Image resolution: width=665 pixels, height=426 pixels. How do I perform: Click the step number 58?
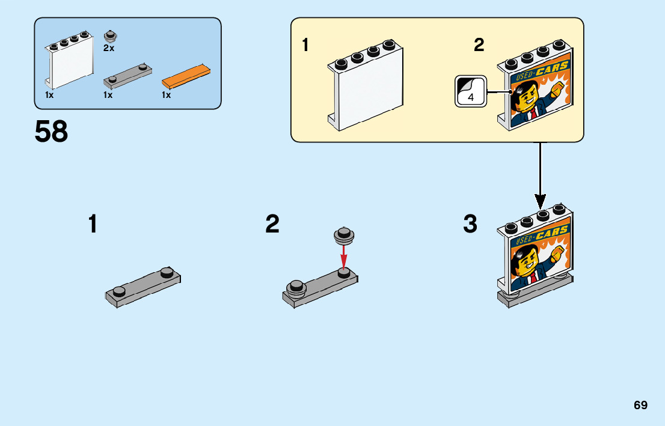tap(51, 131)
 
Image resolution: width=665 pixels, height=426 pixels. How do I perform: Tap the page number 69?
tap(640, 405)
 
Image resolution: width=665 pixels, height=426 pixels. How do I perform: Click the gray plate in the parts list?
tap(127, 75)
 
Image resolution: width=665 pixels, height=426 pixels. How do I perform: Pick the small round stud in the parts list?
tap(111, 37)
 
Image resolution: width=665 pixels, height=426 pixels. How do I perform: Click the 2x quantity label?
tap(109, 48)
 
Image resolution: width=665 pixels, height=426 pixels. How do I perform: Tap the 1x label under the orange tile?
tap(166, 95)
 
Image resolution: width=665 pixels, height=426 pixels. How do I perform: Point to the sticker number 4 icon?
tap(471, 91)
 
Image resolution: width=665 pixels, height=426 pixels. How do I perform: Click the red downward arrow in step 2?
tap(344, 256)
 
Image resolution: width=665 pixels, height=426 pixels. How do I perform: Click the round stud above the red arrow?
tap(344, 236)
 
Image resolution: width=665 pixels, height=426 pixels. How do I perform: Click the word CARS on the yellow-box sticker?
tap(552, 68)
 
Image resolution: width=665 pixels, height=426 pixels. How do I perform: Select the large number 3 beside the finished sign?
tap(470, 224)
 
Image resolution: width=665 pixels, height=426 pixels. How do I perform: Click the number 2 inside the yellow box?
tap(479, 44)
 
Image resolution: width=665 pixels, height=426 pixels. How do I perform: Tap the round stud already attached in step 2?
tap(296, 287)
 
